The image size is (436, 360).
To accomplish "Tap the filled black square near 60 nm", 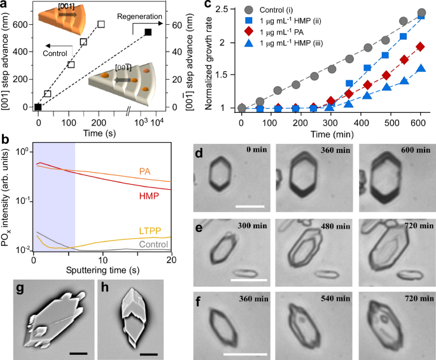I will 148,32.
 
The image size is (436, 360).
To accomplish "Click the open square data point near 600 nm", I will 101,24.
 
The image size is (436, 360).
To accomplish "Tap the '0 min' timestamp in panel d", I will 258,150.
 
